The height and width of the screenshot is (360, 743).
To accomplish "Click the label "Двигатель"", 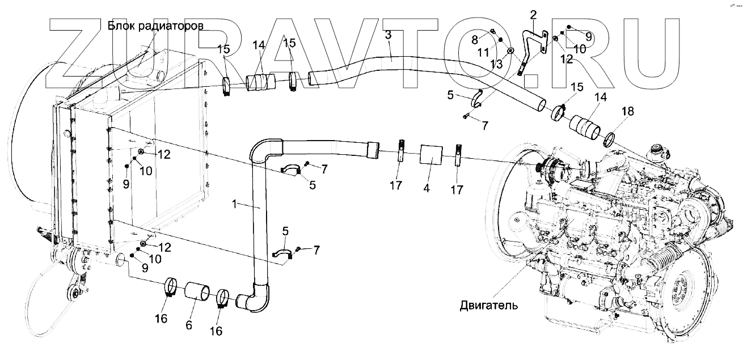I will [489, 306].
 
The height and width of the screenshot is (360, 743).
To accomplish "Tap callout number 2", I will [533, 13].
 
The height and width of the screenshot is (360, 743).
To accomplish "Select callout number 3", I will [388, 35].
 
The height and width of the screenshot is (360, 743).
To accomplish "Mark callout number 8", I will [475, 40].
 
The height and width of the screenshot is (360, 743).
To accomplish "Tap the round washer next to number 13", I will [511, 52].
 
